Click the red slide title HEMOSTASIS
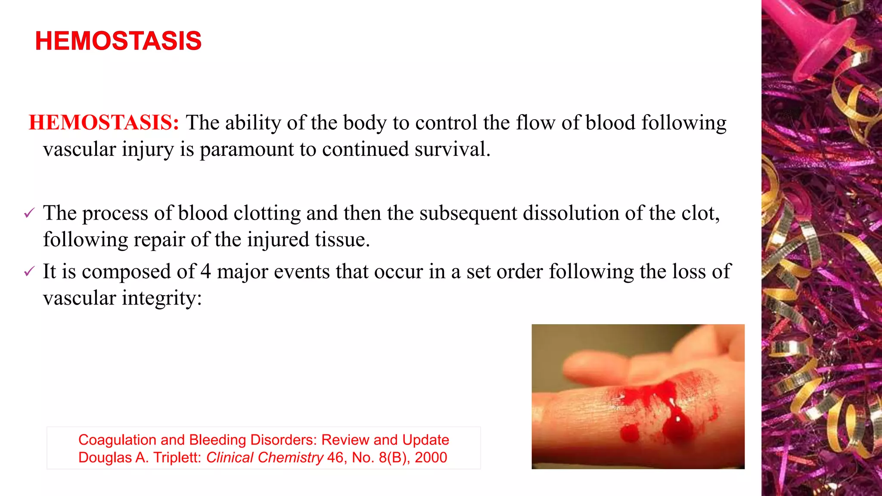point(118,41)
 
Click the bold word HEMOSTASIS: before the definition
point(104,123)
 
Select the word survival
point(452,149)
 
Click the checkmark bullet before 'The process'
point(29,213)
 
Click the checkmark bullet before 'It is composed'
point(29,271)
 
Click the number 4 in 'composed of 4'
point(205,272)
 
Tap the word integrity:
point(161,298)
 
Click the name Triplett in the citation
point(177,457)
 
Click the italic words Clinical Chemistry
point(264,457)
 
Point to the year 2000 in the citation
point(431,457)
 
